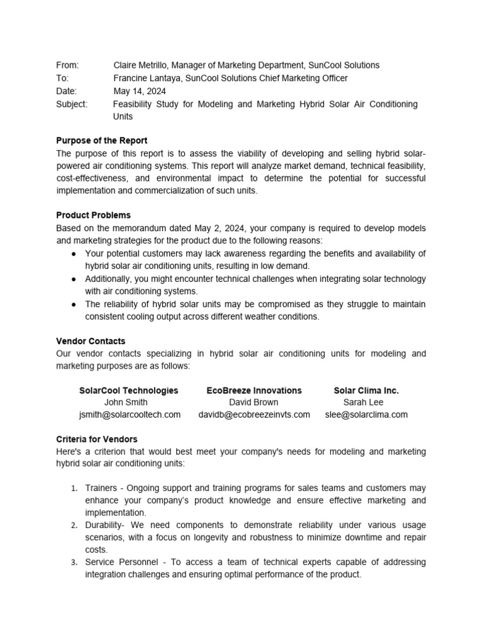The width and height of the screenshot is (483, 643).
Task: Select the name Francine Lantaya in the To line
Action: [147, 78]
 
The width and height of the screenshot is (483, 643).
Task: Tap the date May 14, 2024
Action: [140, 91]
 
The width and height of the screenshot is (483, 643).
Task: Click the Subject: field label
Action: [72, 104]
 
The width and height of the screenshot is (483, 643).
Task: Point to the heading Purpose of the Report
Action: [102, 141]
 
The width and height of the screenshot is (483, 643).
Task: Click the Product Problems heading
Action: [94, 215]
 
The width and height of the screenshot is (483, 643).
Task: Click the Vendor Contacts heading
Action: [91, 341]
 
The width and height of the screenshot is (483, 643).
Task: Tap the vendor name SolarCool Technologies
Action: [128, 390]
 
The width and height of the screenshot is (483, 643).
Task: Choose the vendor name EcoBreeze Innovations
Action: [254, 390]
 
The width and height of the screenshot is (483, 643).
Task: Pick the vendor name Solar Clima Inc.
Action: [366, 390]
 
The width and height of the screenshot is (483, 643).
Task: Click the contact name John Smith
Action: [126, 402]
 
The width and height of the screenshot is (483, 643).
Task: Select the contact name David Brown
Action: [253, 402]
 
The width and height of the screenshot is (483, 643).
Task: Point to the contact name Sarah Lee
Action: [364, 402]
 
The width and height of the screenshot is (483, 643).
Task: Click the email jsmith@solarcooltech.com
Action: [130, 414]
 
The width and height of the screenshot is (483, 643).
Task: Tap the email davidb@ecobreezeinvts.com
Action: [254, 414]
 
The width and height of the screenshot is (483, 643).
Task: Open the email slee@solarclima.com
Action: [366, 414]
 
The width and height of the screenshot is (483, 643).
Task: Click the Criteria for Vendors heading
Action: [97, 439]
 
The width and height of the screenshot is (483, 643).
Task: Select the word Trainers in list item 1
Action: [101, 488]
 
